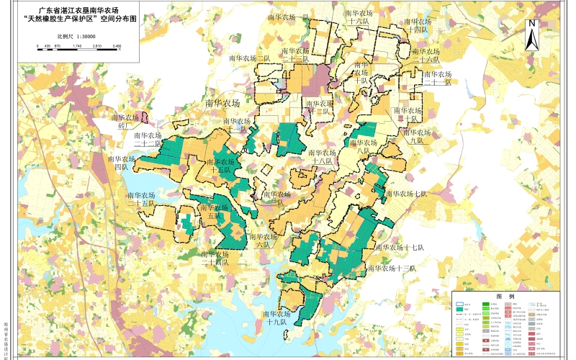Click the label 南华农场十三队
(x=392, y=268)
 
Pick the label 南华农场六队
(x=263, y=240)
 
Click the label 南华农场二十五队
(x=142, y=199)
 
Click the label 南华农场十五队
(x=219, y=167)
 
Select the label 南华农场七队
(x=406, y=194)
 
